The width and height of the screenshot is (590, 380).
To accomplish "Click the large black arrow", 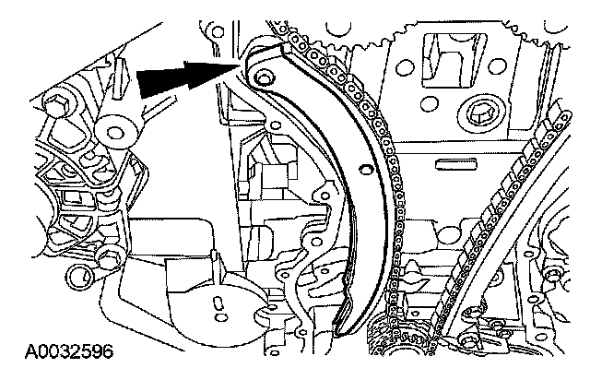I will [184, 79].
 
